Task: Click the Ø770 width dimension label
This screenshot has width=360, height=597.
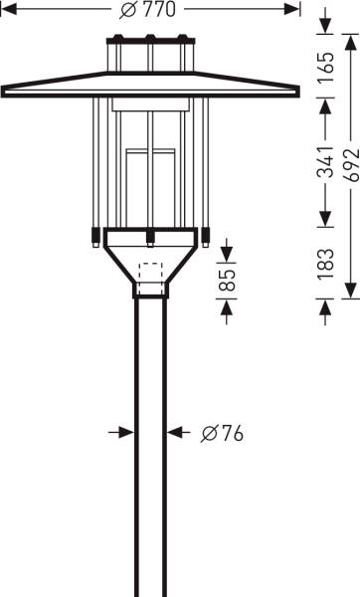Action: pos(150,9)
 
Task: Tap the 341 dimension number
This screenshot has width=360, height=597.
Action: pos(326,168)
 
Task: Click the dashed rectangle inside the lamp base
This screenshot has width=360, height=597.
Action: pos(151,278)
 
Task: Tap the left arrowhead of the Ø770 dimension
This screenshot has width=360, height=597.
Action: pos(11,9)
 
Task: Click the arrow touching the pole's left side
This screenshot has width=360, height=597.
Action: pos(126,432)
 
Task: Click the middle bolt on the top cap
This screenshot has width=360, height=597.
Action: pos(150,42)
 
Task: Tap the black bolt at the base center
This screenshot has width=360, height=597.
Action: pos(151,237)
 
